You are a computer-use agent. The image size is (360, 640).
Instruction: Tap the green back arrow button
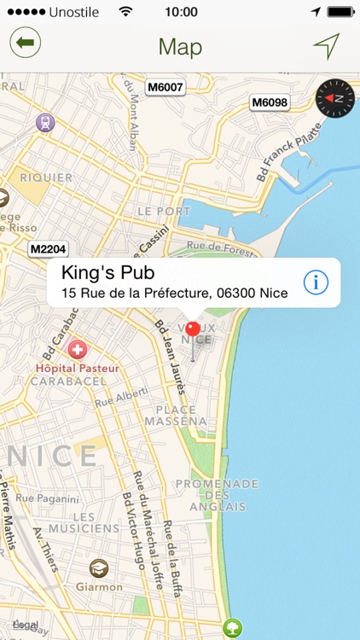[26, 43]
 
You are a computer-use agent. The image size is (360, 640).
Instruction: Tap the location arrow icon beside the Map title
[326, 46]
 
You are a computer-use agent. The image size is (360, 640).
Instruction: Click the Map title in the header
[180, 46]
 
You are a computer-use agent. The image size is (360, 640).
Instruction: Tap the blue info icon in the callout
[316, 282]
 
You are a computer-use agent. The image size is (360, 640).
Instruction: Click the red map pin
[193, 329]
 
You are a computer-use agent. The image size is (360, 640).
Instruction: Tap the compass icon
[334, 99]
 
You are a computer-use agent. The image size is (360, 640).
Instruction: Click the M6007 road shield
[165, 87]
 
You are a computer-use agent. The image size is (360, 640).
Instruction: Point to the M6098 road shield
[270, 102]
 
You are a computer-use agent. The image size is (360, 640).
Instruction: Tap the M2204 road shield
[48, 249]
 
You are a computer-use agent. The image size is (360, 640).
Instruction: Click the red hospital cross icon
[78, 350]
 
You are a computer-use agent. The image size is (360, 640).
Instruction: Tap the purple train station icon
[44, 123]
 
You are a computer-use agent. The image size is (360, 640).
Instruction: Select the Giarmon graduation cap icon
[99, 568]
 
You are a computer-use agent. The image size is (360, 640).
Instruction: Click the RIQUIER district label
[47, 177]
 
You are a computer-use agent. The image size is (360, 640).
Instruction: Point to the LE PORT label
[164, 211]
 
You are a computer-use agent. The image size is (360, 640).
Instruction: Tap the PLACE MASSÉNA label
[175, 415]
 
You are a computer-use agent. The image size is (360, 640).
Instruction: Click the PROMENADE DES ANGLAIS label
[217, 495]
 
